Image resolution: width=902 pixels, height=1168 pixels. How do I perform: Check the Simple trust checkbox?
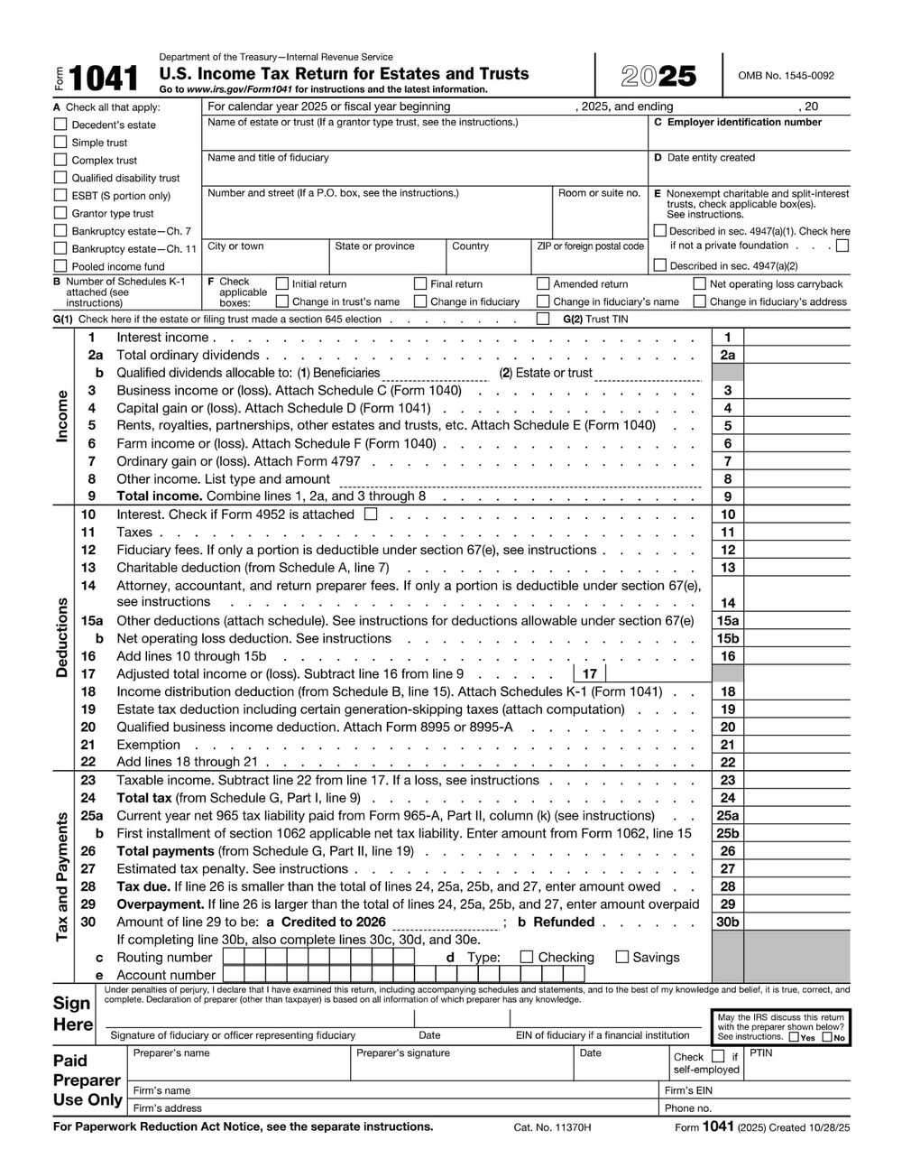(60, 142)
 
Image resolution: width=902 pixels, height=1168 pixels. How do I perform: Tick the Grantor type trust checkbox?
(60, 213)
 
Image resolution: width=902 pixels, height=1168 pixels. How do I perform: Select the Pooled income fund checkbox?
(60, 265)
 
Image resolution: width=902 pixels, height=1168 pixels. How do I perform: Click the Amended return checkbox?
(543, 283)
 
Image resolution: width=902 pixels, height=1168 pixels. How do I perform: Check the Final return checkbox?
(420, 283)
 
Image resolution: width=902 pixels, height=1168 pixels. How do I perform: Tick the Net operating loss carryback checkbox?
(700, 283)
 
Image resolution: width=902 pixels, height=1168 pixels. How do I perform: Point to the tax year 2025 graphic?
(658, 77)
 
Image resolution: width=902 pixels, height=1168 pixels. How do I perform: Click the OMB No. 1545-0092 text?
(786, 77)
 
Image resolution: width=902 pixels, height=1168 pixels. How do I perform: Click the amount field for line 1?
(796, 338)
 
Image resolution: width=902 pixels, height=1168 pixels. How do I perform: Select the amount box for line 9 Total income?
(796, 496)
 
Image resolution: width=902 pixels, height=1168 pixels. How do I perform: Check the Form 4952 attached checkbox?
(370, 514)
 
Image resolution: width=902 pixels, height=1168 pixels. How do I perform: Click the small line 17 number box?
(589, 673)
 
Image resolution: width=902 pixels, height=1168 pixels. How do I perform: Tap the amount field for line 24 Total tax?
(796, 798)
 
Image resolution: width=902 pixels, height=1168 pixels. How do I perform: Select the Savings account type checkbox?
(622, 957)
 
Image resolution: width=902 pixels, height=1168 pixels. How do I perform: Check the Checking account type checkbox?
(528, 957)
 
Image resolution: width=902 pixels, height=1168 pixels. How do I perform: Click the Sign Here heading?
(72, 1014)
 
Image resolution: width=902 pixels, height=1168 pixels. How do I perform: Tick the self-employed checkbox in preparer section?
(718, 1056)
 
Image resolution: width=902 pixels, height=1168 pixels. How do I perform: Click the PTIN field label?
(761, 1053)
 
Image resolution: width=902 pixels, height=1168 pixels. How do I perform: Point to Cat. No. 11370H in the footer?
(552, 1127)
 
